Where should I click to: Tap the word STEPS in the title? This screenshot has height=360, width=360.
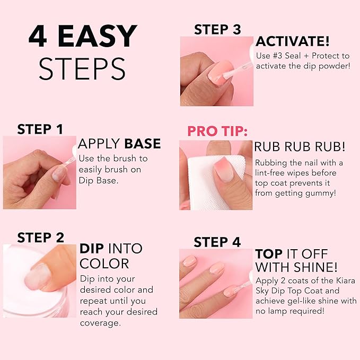(82, 68)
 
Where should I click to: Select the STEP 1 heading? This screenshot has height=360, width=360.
(40, 129)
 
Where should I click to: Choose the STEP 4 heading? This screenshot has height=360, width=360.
(217, 242)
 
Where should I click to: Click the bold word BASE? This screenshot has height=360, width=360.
(142, 144)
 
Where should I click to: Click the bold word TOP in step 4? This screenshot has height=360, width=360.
(269, 254)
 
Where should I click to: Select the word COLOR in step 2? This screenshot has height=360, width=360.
(104, 264)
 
